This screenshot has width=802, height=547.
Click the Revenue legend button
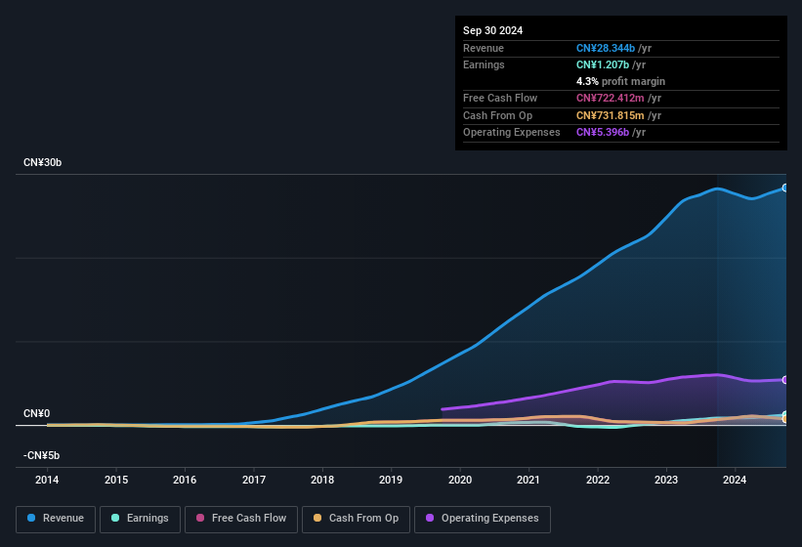click(56, 519)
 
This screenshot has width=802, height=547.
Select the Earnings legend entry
click(140, 519)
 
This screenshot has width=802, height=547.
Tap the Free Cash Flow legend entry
click(240, 519)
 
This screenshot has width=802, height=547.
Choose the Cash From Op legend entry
click(356, 519)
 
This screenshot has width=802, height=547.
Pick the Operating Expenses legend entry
click(483, 519)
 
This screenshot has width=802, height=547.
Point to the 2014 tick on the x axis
click(47, 480)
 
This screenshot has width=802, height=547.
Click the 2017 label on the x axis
click(254, 480)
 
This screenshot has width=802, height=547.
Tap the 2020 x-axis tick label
click(460, 480)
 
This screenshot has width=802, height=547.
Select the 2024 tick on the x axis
click(735, 480)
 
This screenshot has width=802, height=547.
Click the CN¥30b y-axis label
click(43, 162)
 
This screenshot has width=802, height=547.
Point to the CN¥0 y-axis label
click(37, 414)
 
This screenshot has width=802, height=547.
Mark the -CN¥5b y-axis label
click(42, 456)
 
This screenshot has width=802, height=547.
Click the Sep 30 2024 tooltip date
click(492, 30)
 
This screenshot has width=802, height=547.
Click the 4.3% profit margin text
click(620, 81)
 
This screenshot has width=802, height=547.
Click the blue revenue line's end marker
click(785, 188)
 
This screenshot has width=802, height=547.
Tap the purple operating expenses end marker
click(785, 380)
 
